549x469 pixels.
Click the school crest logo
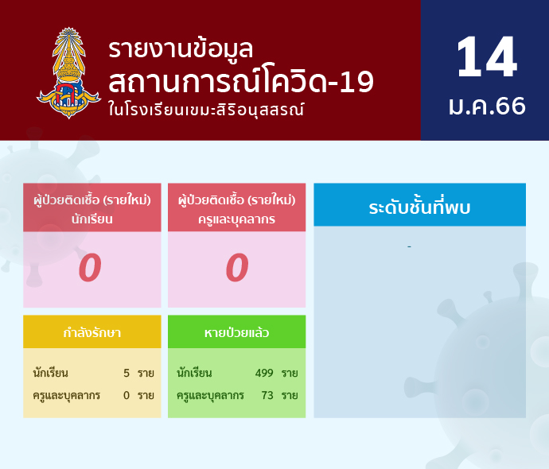[x=68, y=73]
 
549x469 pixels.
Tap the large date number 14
[x=486, y=56]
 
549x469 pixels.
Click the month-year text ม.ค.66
[x=487, y=106]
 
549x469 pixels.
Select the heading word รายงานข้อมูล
[x=181, y=49]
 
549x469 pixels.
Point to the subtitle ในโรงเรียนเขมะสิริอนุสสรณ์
[x=206, y=109]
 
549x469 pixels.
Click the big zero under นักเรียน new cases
[x=90, y=268]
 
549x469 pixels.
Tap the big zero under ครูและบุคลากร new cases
[x=237, y=268]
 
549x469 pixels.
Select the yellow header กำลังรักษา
[x=92, y=332]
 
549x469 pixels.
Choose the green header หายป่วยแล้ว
[x=236, y=332]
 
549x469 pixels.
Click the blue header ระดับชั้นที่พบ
[x=419, y=207]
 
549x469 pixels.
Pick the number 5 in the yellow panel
[x=127, y=373]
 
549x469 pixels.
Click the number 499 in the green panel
[x=264, y=373]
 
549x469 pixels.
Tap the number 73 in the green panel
[x=267, y=395]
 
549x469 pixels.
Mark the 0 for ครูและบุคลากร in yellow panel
[x=127, y=395]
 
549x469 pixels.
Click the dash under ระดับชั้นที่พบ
[x=409, y=247]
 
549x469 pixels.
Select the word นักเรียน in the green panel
[x=194, y=373]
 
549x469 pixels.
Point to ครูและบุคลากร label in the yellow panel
[x=67, y=396]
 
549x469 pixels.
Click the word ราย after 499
[x=290, y=374]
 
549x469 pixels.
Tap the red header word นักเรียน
[x=92, y=219]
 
